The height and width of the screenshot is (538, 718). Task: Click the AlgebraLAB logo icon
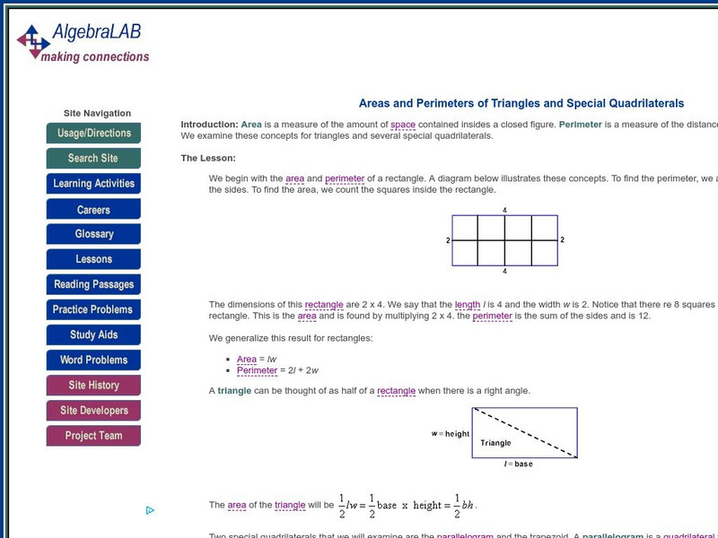point(34,39)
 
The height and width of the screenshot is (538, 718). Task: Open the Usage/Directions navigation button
point(93,134)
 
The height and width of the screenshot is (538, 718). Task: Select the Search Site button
point(93,159)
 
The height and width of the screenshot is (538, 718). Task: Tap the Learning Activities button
point(93,184)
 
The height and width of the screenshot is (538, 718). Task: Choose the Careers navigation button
point(93,210)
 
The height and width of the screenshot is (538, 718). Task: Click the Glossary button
point(93,234)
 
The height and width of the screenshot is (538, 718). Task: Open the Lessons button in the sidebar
point(93,259)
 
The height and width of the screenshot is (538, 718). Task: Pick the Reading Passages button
point(93,285)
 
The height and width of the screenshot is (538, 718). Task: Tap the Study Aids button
point(93,335)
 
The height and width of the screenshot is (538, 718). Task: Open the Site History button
point(93,386)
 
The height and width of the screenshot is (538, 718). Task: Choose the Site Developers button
point(93,411)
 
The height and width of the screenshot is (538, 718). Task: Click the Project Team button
point(93,436)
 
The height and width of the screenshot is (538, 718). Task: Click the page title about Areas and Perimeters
point(521,104)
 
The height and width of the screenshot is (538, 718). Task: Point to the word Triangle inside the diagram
point(495,443)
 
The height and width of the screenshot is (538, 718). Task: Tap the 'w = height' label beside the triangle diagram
point(451,434)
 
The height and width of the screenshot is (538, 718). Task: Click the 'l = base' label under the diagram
point(517,464)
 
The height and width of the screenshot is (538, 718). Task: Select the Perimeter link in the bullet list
point(258,370)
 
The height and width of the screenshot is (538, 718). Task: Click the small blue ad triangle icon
point(150,510)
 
